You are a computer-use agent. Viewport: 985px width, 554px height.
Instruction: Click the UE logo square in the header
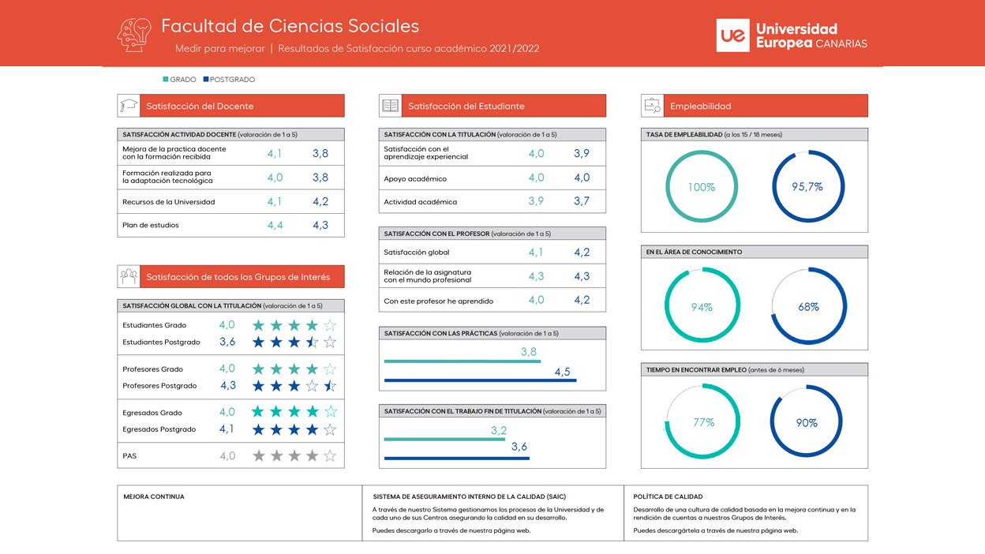point(732,36)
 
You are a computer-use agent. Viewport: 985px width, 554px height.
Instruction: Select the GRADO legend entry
point(179,80)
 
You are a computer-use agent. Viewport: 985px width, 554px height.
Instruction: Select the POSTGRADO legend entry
point(229,80)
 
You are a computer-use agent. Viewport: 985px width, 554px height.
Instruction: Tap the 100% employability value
point(702,187)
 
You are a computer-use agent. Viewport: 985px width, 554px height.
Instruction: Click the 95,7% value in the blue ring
point(807,187)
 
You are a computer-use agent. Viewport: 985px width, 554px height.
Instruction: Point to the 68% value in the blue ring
point(808,307)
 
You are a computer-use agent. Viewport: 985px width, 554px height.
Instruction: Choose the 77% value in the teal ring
point(703,422)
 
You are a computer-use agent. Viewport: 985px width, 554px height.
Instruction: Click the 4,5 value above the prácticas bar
point(563,372)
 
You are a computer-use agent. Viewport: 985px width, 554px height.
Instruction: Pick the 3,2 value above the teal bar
point(499,430)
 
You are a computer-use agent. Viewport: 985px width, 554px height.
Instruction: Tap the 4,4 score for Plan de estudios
point(275,226)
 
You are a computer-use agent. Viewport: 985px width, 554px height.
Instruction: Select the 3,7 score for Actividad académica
point(582,201)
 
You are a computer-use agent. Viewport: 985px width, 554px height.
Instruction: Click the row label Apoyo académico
point(415,179)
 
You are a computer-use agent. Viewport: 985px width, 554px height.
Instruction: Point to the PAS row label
point(129,456)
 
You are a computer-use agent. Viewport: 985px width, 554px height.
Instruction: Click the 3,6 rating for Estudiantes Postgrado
point(227,342)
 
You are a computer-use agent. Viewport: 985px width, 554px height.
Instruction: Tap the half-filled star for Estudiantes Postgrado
point(312,342)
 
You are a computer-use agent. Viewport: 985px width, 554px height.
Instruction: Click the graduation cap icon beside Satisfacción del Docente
point(129,106)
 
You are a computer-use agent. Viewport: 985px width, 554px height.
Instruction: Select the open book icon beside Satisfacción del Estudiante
point(390,106)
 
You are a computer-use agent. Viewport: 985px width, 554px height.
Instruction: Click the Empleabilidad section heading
point(701,106)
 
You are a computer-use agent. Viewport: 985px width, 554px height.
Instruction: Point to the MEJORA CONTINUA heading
point(154,497)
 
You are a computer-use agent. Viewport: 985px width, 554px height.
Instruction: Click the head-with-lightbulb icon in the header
point(134,36)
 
